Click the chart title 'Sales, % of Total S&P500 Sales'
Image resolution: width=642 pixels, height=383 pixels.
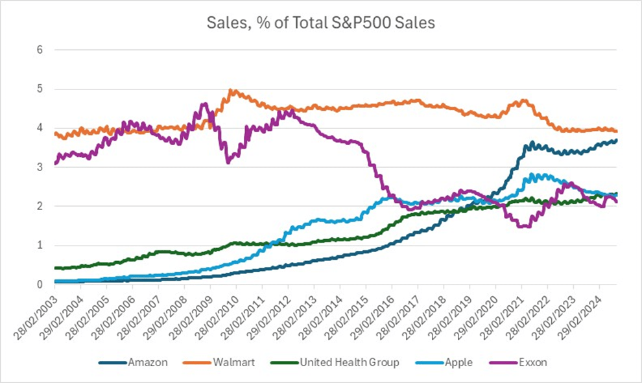tap(320, 23)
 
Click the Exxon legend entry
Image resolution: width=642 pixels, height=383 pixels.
tap(531, 362)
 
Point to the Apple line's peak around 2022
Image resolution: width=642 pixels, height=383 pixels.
tap(533, 174)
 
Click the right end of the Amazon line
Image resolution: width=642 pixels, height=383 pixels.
tap(616, 140)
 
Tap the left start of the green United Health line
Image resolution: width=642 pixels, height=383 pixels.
tap(56, 268)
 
